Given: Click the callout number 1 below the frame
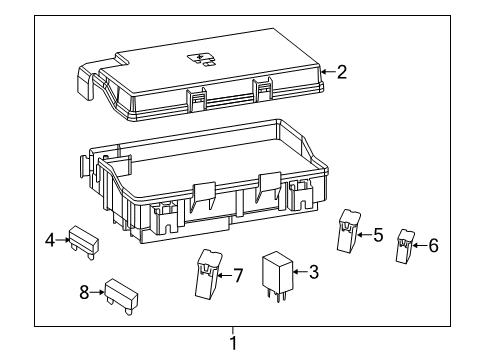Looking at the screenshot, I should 233,343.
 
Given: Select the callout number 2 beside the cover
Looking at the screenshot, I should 342,71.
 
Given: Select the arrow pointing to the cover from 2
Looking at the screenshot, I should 326,71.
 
